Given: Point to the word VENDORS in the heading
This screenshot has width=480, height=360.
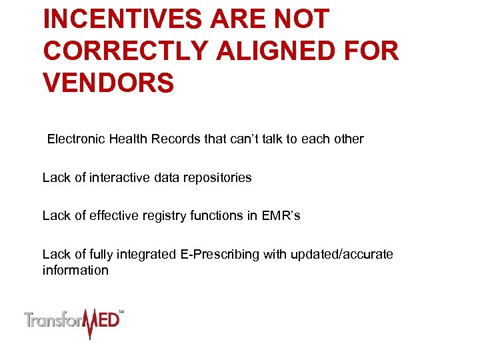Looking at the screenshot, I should click(109, 84).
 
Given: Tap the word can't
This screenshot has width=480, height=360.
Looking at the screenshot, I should click(235, 139).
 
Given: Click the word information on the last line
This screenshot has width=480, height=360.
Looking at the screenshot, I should click(75, 270).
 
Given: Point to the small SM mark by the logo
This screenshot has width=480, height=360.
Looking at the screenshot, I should click(121, 311).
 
